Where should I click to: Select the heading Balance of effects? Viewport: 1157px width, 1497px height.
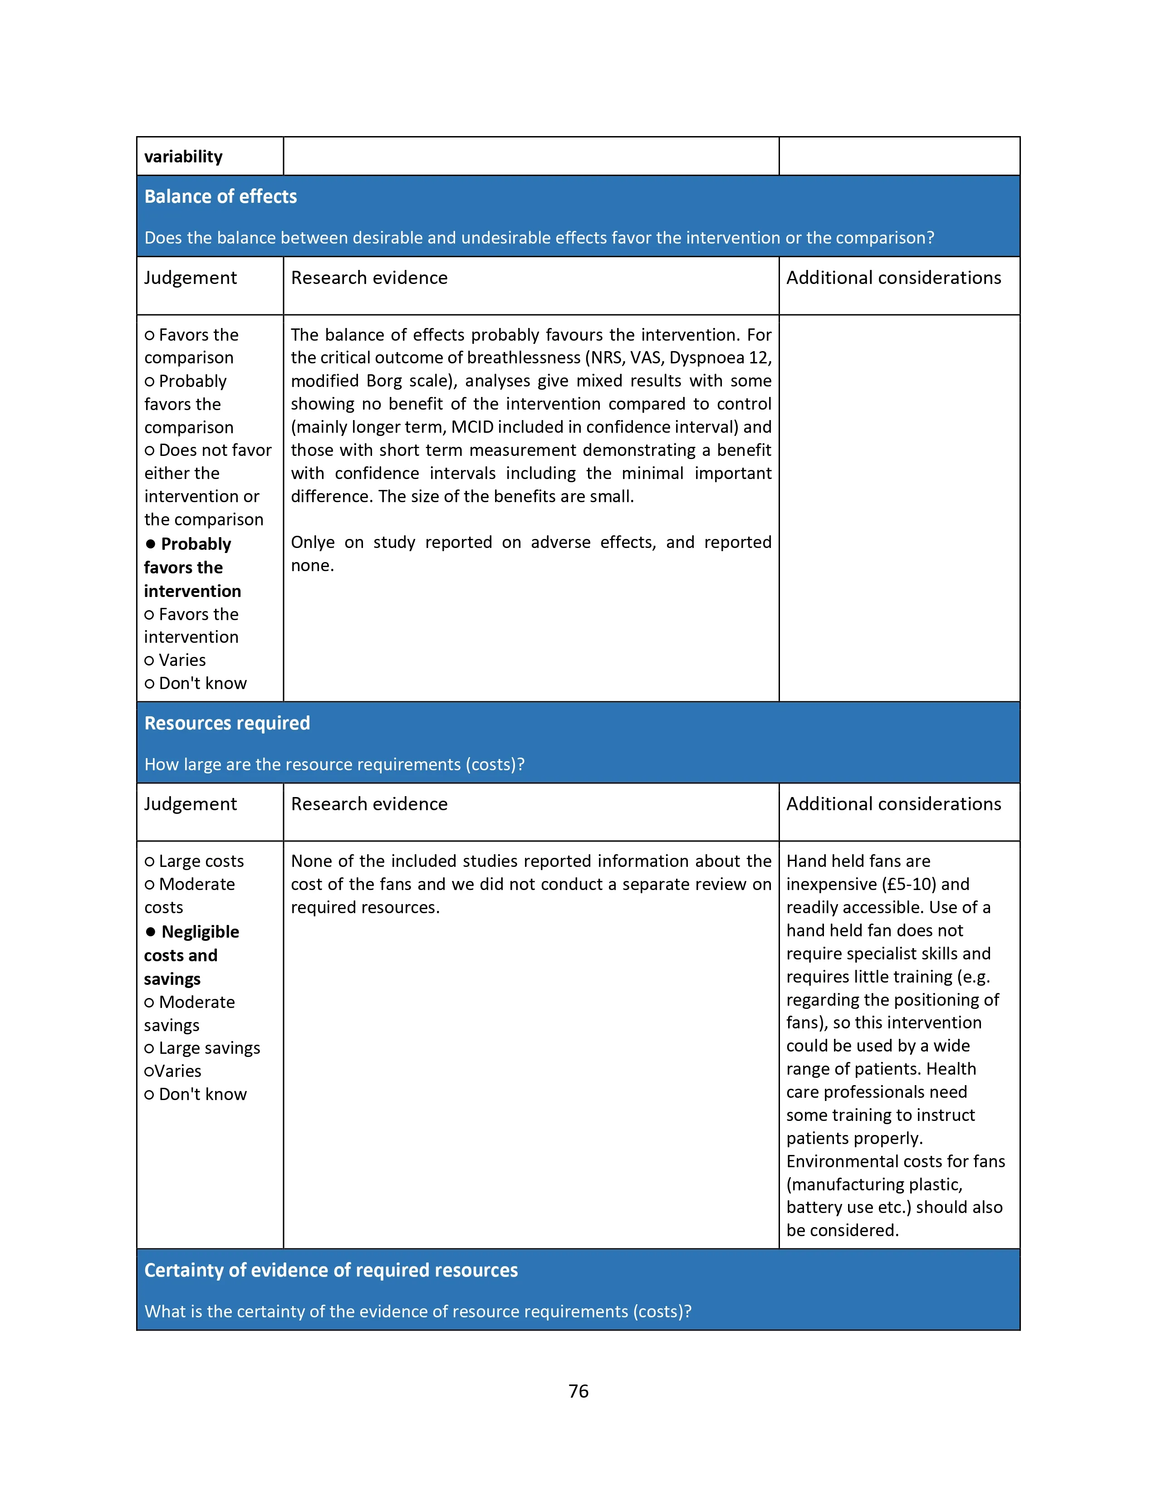point(220,197)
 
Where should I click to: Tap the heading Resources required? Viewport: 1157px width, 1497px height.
point(227,723)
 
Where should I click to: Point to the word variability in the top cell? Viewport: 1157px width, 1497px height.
point(183,157)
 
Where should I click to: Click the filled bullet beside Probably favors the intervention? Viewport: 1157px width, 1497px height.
point(151,544)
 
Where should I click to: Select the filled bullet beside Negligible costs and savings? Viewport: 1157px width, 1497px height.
point(151,932)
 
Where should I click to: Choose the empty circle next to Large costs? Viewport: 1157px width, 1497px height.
point(149,861)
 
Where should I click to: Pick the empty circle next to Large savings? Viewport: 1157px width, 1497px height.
point(149,1049)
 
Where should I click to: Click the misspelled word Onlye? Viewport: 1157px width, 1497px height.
point(313,543)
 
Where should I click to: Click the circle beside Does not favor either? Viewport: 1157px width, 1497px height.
point(149,451)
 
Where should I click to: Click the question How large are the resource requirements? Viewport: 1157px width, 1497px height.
point(334,764)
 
